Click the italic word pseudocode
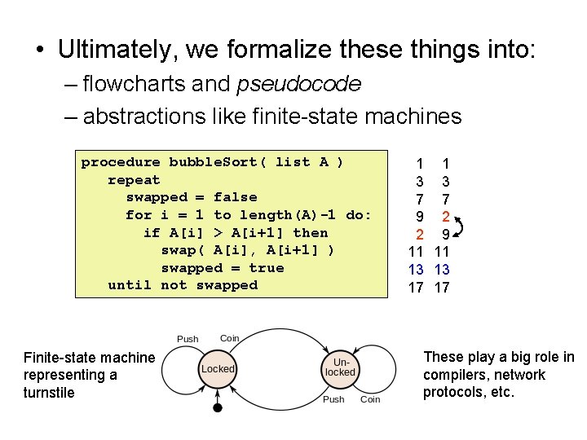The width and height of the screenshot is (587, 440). coord(299,84)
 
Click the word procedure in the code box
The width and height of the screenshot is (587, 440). coord(121,162)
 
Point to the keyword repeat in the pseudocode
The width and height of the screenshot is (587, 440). coord(134,180)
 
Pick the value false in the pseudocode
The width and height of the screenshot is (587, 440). coord(235,197)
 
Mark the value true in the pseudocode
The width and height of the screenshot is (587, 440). coord(267,268)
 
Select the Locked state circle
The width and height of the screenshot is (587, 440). coord(218,369)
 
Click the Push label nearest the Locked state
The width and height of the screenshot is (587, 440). coord(188,339)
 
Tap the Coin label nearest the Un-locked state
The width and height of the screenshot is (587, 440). coord(370,399)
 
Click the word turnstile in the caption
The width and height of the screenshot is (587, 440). coord(49,393)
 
